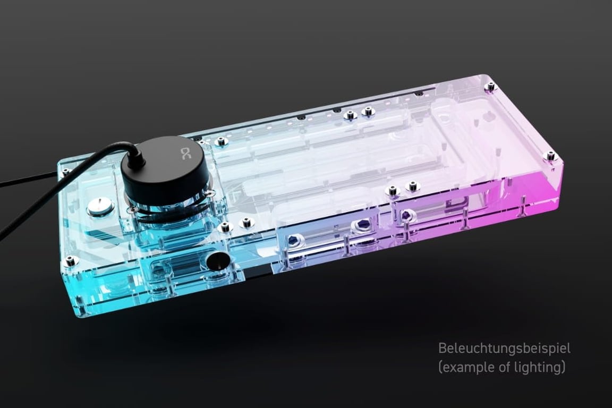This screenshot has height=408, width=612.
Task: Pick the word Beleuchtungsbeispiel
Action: [504, 349]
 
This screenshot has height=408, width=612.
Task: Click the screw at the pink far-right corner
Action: [551, 155]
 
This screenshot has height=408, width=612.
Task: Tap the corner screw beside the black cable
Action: [65, 171]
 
